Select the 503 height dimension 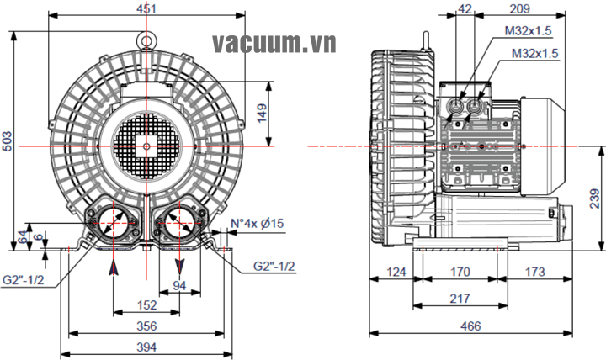(x=8, y=141)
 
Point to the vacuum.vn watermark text (x=274, y=42)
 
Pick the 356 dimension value (x=146, y=326)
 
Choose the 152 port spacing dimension (x=146, y=304)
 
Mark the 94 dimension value (x=178, y=285)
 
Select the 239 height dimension (x=595, y=199)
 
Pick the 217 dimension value (x=460, y=299)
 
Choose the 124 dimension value (x=396, y=272)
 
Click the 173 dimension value (x=534, y=272)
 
